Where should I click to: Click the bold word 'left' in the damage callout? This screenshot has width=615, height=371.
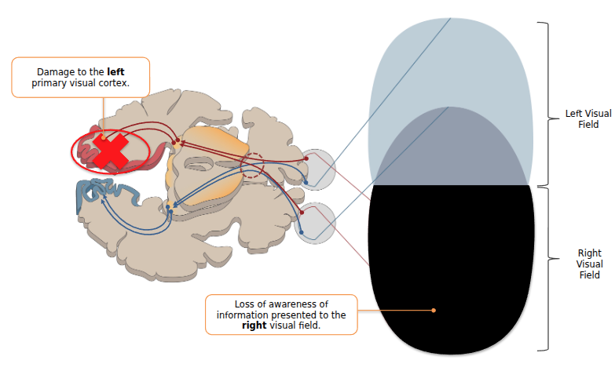pos(115,71)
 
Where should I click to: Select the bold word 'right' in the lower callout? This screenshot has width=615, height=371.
pos(254,326)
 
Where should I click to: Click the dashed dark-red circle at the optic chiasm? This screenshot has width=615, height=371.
pos(252,165)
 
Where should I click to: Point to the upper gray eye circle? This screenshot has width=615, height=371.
pos(318,169)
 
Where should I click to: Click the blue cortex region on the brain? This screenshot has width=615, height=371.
pos(106,192)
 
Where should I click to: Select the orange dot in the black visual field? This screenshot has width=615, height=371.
pos(434,311)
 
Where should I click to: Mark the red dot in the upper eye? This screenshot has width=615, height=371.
pos(306,158)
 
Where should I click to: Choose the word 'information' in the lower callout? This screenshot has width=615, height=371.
pos(242,315)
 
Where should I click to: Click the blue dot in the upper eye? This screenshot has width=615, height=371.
pos(306,184)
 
